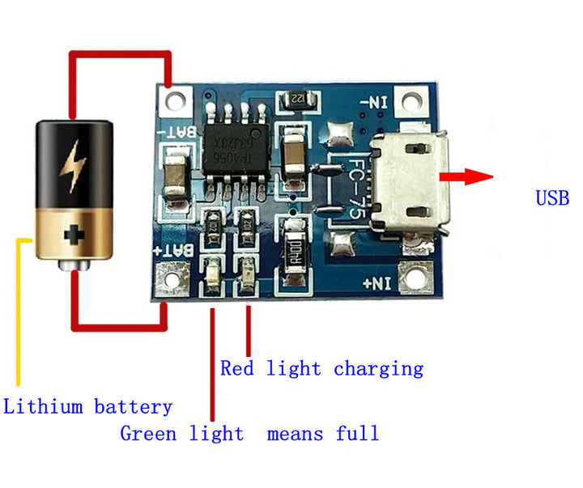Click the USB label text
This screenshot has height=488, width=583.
pyautogui.click(x=552, y=198)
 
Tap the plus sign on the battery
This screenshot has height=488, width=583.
pyautogui.click(x=74, y=236)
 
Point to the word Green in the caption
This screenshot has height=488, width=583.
pyautogui.click(x=148, y=434)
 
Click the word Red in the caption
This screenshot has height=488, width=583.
pyautogui.click(x=237, y=369)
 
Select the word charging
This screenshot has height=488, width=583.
pyautogui.click(x=378, y=369)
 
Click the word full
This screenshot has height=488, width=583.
pyautogui.click(x=357, y=434)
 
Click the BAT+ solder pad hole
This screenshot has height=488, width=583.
pyautogui.click(x=172, y=278)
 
